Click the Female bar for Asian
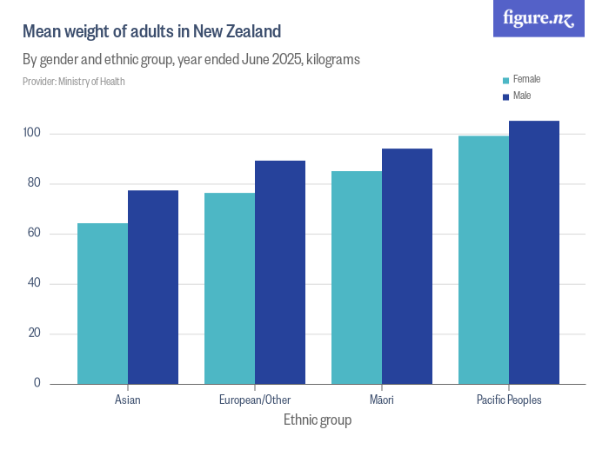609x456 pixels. point(103,304)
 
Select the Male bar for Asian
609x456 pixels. point(153,287)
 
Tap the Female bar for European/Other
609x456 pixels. point(230,288)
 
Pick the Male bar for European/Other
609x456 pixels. point(280,273)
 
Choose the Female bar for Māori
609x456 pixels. point(357,278)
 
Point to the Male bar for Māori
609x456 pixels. point(407,267)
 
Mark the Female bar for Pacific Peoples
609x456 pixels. point(484,260)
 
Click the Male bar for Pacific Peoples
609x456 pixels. point(534,253)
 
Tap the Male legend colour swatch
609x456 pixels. point(505,96)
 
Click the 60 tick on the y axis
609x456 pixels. point(35,234)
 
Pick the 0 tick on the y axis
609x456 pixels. point(38,383)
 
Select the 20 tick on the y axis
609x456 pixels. point(35,334)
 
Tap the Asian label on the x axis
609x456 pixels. point(128,400)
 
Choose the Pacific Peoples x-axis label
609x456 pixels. point(509,400)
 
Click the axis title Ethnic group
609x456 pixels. point(318,420)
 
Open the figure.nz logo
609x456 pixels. point(539,18)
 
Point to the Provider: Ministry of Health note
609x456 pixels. point(74,82)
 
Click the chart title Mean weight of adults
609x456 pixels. point(151,32)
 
